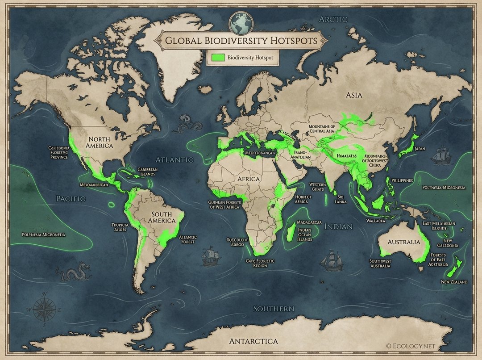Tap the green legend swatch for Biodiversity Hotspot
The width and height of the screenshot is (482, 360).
(x=218, y=58)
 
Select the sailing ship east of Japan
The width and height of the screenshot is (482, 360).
(x=442, y=157)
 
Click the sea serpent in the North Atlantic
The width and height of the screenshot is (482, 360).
(x=187, y=125)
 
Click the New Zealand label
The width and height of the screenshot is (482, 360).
(x=454, y=282)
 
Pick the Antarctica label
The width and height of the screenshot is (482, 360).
(x=253, y=341)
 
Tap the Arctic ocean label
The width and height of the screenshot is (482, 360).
(x=333, y=19)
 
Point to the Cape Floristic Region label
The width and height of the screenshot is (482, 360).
(x=260, y=263)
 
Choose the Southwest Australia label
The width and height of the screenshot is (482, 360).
(x=380, y=263)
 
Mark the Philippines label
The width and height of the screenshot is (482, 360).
(x=402, y=180)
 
